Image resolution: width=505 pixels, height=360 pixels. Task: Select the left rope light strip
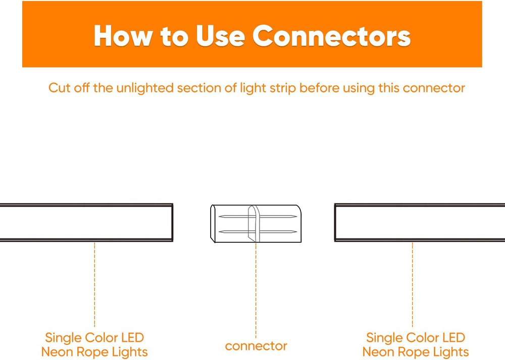(86, 223)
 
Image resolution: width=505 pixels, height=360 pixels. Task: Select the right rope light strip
(419, 223)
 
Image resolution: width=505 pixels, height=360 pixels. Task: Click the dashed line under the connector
(256, 288)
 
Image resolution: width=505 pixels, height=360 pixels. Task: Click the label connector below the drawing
(256, 346)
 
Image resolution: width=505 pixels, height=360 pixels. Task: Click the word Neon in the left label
(57, 352)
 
